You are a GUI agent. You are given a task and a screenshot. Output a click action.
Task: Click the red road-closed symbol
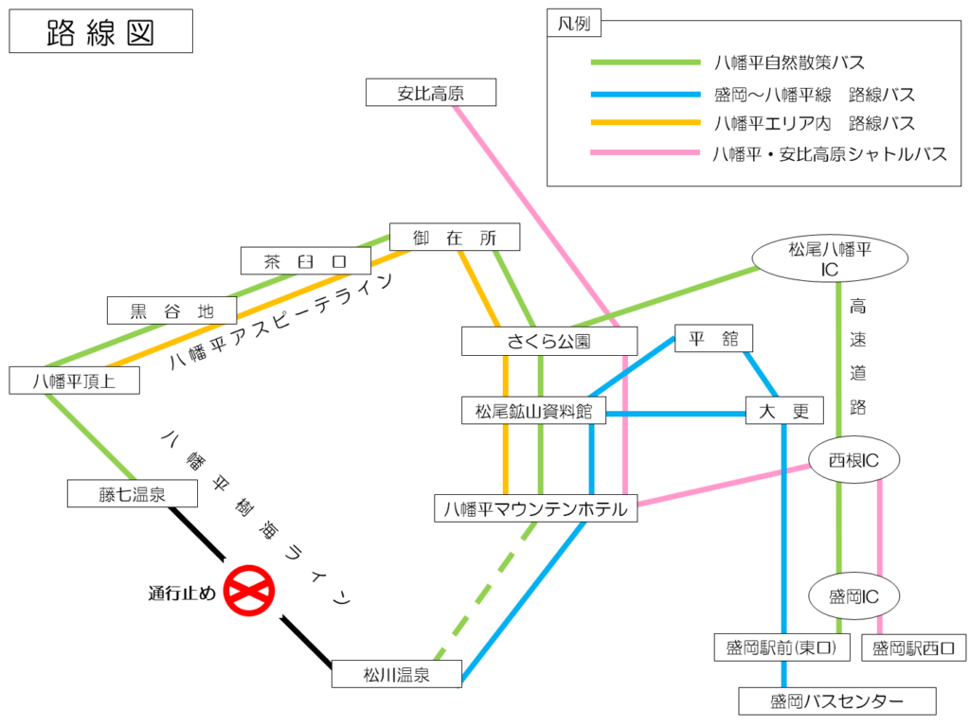[249, 591]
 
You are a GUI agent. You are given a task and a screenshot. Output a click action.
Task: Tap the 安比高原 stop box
[431, 92]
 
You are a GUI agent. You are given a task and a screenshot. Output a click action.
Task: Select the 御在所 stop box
[455, 237]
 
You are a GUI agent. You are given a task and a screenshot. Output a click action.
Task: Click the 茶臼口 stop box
[306, 260]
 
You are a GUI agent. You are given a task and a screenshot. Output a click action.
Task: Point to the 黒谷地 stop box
[172, 310]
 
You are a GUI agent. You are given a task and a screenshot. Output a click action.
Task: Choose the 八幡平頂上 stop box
[74, 381]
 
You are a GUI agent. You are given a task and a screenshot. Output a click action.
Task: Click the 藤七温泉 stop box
[133, 493]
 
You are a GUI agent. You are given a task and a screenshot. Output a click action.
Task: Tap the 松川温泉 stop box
[397, 674]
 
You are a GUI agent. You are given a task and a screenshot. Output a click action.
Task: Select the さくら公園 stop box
[549, 341]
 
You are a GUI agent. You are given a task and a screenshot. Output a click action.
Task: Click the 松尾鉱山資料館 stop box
[533, 411]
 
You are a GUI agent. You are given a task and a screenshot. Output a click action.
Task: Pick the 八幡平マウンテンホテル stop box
[536, 508]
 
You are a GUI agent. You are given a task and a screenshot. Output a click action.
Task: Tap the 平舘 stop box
[713, 338]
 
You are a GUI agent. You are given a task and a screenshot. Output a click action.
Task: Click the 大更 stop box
[784, 411]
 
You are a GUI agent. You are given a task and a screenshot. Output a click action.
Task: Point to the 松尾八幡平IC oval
[830, 257]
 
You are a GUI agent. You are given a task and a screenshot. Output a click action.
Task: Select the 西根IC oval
[854, 460]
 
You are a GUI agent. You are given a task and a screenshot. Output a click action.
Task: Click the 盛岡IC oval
[854, 596]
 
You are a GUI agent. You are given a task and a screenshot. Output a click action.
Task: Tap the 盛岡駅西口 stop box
[914, 647]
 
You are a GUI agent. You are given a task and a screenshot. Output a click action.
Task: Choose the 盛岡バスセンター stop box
[837, 701]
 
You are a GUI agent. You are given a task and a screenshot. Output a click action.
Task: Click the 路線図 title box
[100, 31]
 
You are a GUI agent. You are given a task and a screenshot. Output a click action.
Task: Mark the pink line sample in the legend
[645, 152]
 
